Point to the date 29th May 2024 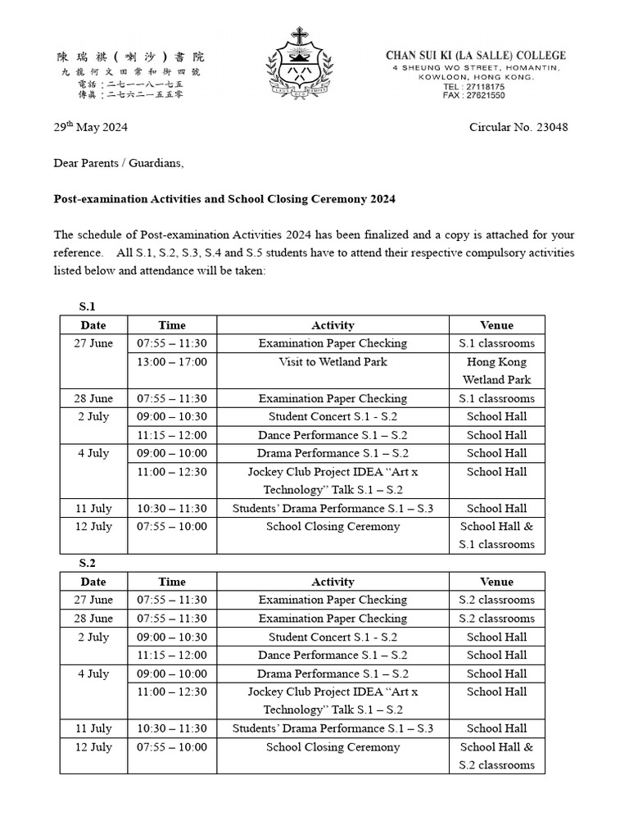coord(90,127)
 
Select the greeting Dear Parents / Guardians coord(119,163)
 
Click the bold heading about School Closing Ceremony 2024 coord(224,199)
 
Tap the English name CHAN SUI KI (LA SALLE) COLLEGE coord(476,56)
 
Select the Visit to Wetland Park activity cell coord(333,361)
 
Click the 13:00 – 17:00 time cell coord(172,361)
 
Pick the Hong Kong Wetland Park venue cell coord(496,370)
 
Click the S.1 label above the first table coord(88,306)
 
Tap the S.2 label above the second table coord(88,563)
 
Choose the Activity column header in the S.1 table coord(333,325)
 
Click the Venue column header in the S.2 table coord(496,582)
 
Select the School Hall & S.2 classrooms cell coord(496,755)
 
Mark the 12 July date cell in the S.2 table coord(93,746)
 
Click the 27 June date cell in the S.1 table coord(93,343)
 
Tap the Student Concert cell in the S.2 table coord(333,637)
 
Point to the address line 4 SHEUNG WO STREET coord(476,67)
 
